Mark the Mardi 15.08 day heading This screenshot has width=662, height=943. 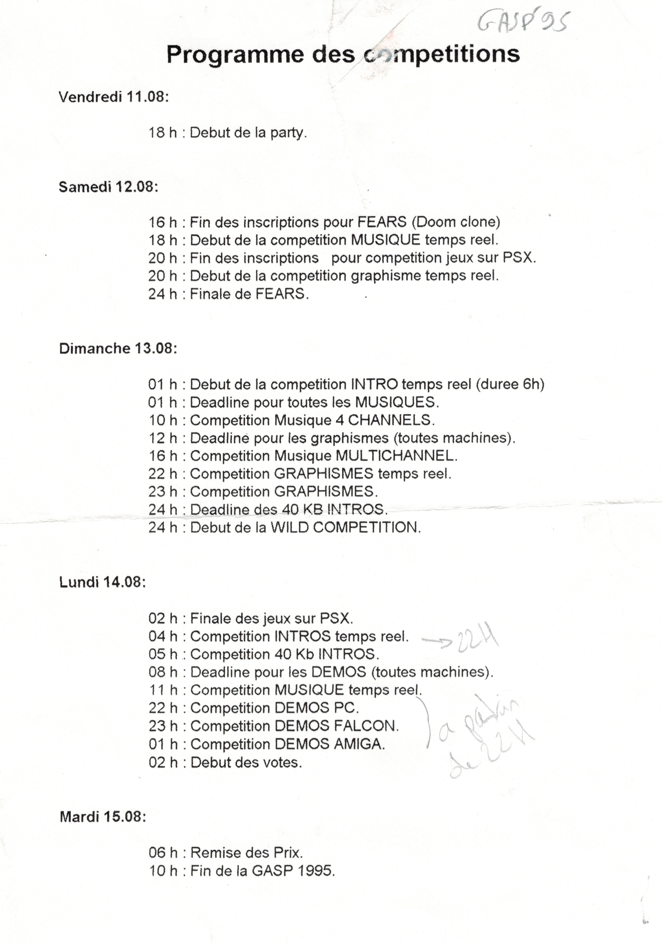click(x=103, y=816)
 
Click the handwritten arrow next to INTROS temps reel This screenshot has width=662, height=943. click(x=436, y=641)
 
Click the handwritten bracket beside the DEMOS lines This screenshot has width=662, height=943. click(x=427, y=723)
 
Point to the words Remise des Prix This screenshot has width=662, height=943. click(x=246, y=853)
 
